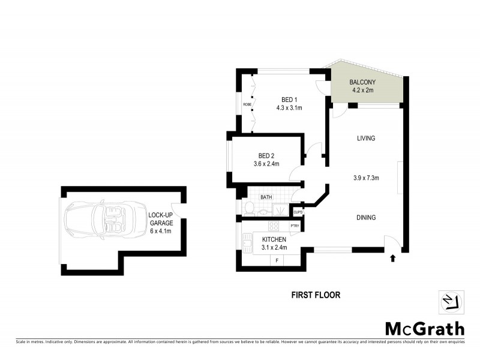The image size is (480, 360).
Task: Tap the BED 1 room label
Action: (x=289, y=100)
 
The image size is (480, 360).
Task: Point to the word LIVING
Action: (x=365, y=138)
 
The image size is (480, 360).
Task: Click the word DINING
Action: (x=365, y=217)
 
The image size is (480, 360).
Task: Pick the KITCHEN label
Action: (x=274, y=239)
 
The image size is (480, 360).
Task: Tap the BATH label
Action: (x=266, y=196)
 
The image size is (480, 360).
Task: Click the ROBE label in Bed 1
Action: (x=247, y=104)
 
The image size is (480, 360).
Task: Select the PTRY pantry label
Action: (x=295, y=226)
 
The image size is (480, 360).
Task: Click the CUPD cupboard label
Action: (x=297, y=211)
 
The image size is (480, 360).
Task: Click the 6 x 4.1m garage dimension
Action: (x=160, y=231)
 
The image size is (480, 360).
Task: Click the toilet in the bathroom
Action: (x=250, y=208)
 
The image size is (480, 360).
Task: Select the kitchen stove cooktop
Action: (x=273, y=226)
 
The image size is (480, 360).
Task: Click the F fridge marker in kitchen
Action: (x=277, y=260)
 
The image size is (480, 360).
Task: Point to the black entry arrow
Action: (x=392, y=258)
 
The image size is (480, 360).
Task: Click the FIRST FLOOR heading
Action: (x=316, y=295)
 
